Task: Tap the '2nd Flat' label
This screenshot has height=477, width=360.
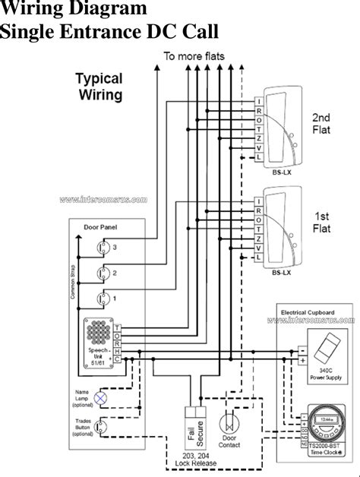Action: click(x=320, y=123)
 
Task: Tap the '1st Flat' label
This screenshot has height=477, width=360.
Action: click(x=320, y=221)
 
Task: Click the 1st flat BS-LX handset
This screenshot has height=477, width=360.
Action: click(x=279, y=226)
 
